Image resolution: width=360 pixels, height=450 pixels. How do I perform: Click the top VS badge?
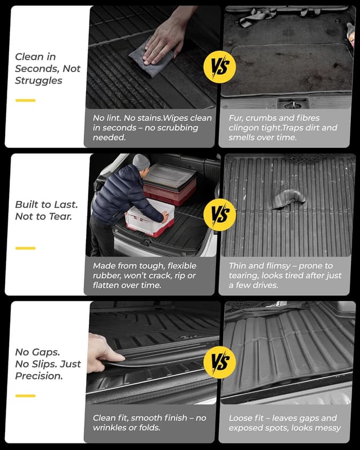(x=219, y=71)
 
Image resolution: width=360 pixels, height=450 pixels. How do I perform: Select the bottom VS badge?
(x=219, y=362)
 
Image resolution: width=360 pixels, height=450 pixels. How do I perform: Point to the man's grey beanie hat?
(x=141, y=162)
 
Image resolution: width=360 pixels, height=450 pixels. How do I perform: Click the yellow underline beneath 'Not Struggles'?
(x=25, y=101)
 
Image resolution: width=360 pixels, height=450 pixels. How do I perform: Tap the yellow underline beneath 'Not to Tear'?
(x=25, y=247)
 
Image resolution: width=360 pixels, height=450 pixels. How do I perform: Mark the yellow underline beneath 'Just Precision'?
(x=25, y=395)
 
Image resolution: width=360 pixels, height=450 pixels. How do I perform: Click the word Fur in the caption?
(x=237, y=118)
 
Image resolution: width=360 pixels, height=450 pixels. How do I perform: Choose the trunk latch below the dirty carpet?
(x=292, y=103)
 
